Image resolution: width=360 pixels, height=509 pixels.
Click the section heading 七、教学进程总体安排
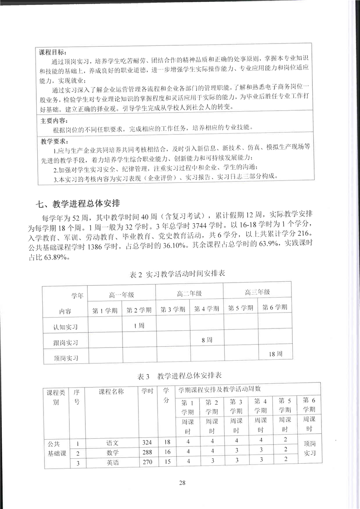pyautogui.click(x=78, y=202)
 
